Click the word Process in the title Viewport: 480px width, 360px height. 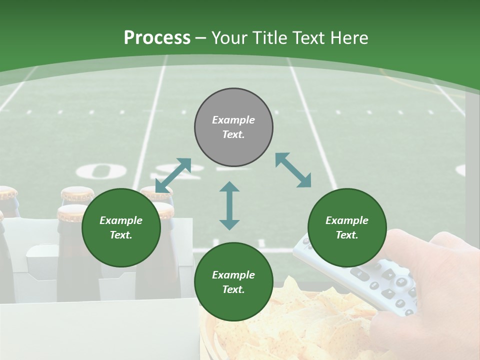157,38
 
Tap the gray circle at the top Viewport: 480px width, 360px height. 233,127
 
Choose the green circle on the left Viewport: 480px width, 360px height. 121,227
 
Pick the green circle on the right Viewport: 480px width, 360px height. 347,227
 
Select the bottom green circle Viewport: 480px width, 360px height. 233,282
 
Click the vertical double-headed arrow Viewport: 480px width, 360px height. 229,205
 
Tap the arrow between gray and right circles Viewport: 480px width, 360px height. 293,170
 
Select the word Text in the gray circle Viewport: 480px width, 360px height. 233,134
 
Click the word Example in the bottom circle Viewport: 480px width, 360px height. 233,275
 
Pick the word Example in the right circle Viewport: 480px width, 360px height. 347,220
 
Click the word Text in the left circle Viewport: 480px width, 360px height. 121,235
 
